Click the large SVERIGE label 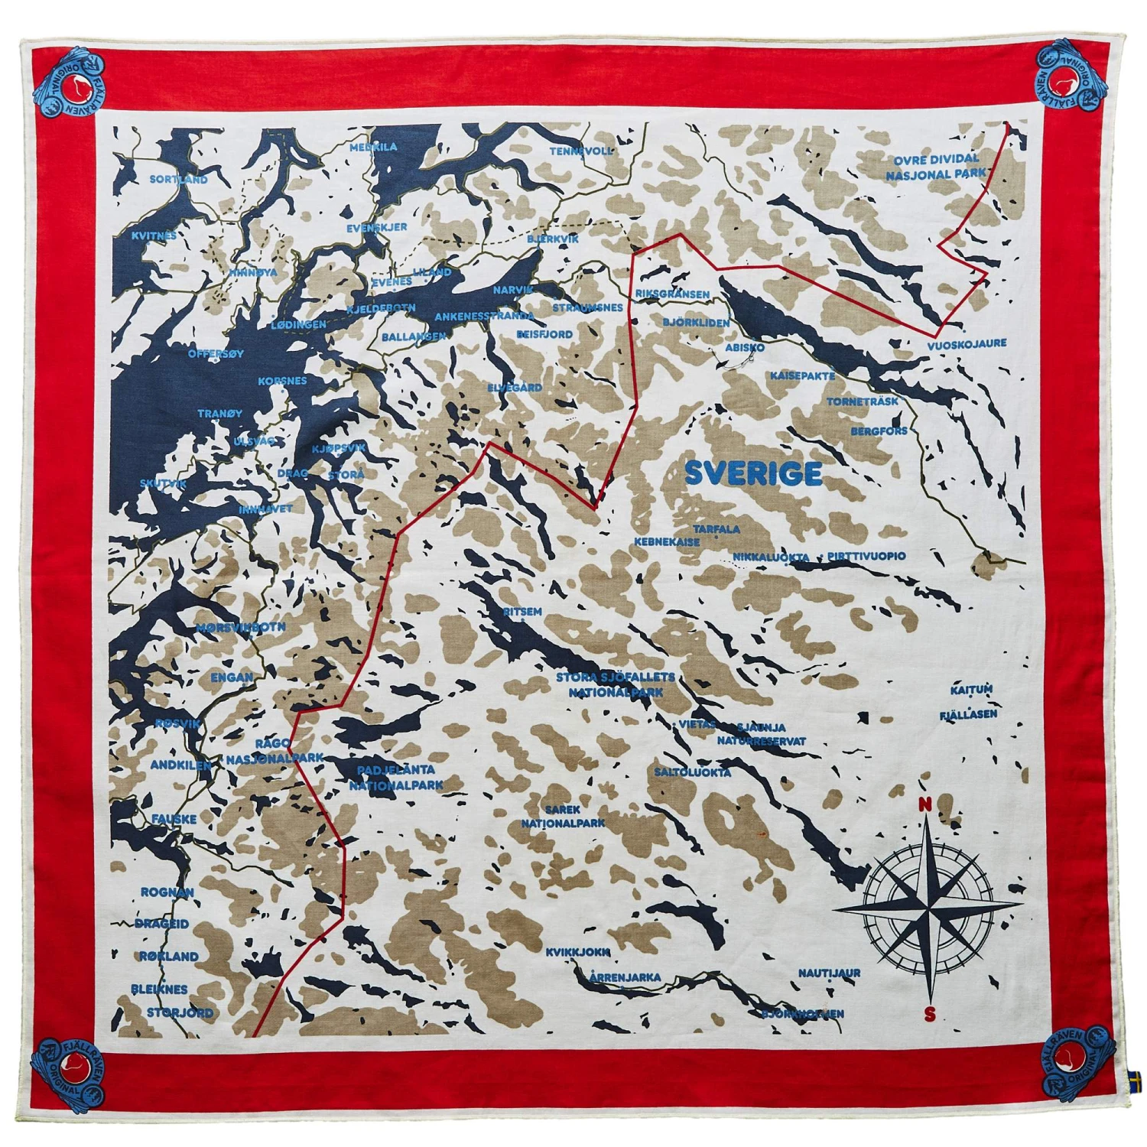click(x=753, y=473)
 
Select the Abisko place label click(x=744, y=347)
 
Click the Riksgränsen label click(x=671, y=294)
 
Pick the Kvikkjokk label click(x=577, y=952)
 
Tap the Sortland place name click(x=178, y=179)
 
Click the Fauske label click(x=174, y=818)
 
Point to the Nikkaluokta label click(x=771, y=557)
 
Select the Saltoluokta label click(x=692, y=772)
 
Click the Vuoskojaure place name click(x=967, y=344)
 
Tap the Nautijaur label click(x=829, y=973)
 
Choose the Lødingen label click(x=298, y=324)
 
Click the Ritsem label click(x=522, y=612)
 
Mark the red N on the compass click(x=924, y=804)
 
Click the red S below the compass click(x=929, y=1015)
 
